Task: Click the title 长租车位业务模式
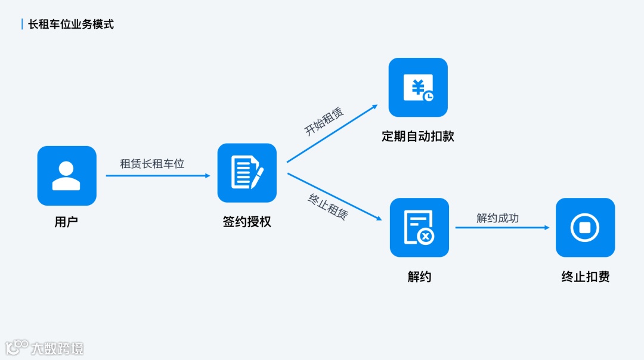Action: click(x=71, y=24)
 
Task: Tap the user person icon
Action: click(x=66, y=176)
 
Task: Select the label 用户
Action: click(x=66, y=222)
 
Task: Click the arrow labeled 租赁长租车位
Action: click(x=158, y=176)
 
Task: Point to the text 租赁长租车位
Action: click(x=152, y=163)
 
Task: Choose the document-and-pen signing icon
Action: click(x=247, y=173)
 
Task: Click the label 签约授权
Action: click(x=247, y=222)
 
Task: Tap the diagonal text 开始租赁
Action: click(x=324, y=122)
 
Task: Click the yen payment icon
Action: click(x=418, y=87)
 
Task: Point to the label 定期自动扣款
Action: click(x=418, y=136)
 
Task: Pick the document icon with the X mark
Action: click(x=419, y=228)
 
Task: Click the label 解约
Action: click(x=419, y=277)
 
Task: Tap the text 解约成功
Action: click(x=497, y=218)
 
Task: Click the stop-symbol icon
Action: click(x=585, y=228)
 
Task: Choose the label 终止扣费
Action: click(x=585, y=277)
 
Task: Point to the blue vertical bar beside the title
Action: click(x=22, y=24)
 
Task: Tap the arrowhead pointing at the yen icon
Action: click(x=374, y=107)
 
